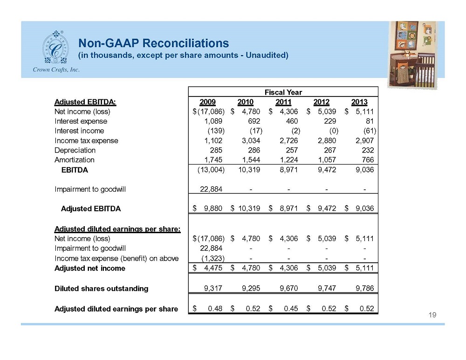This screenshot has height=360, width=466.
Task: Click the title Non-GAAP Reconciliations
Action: coord(153,43)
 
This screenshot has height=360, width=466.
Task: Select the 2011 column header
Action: coord(283,102)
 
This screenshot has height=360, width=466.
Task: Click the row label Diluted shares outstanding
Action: coord(101,288)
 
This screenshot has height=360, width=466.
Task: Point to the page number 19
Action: coord(432,315)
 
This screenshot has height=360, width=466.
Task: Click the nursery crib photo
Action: coord(413,55)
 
